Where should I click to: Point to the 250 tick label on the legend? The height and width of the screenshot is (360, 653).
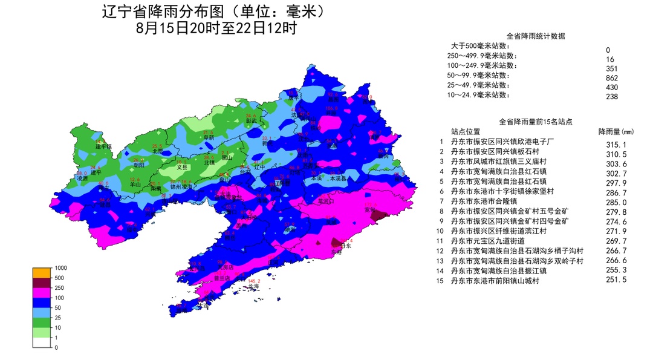pos(60,287)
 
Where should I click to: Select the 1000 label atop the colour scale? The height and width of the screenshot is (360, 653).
pos(61,267)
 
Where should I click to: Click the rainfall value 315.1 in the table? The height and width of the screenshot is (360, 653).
pos(616,144)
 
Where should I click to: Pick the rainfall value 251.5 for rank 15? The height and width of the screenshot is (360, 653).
pos(616,280)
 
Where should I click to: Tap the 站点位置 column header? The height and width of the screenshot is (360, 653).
pos(466,131)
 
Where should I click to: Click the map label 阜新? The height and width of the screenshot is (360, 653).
pos(209,138)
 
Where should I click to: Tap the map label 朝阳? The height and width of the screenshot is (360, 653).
pos(139,164)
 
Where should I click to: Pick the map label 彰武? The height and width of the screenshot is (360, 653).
pos(252,120)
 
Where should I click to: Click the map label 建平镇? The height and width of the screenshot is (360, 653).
pos(104,146)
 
